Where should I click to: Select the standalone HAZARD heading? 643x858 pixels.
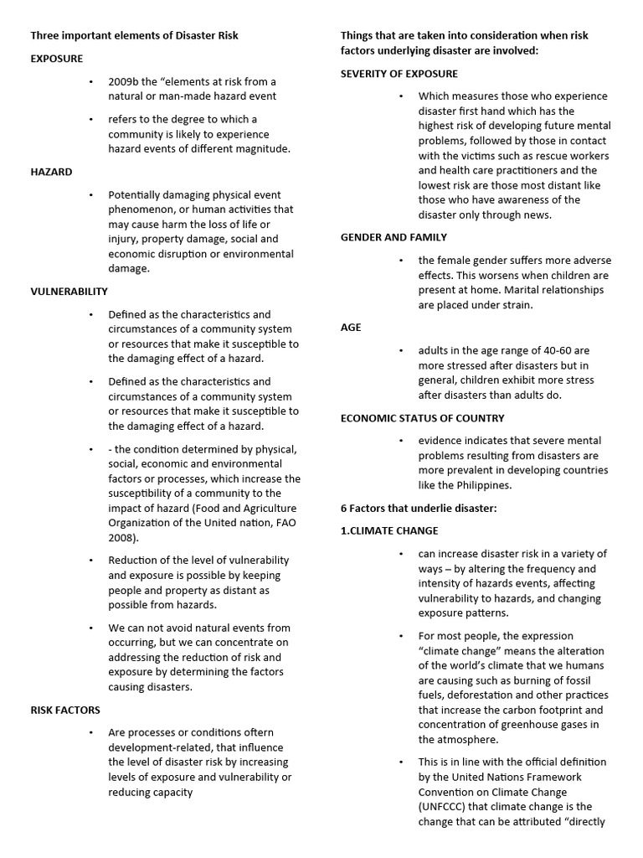(x=51, y=172)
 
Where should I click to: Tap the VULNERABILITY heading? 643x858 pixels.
(x=69, y=292)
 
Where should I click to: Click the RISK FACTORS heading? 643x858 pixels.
(x=65, y=710)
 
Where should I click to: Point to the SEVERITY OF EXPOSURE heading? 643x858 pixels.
(x=410, y=74)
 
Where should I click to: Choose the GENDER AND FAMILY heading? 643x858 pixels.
(x=394, y=237)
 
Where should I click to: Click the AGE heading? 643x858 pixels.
(x=351, y=327)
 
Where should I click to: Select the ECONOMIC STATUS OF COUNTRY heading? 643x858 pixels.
(x=422, y=417)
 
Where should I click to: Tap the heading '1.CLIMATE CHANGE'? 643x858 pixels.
(x=389, y=530)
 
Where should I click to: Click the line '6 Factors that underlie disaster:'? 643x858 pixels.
(x=419, y=508)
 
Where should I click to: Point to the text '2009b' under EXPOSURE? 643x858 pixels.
(x=124, y=82)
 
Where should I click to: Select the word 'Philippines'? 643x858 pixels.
(x=481, y=485)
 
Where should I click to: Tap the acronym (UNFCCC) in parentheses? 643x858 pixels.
(x=449, y=806)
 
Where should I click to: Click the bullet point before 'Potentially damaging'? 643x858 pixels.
(x=90, y=194)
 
